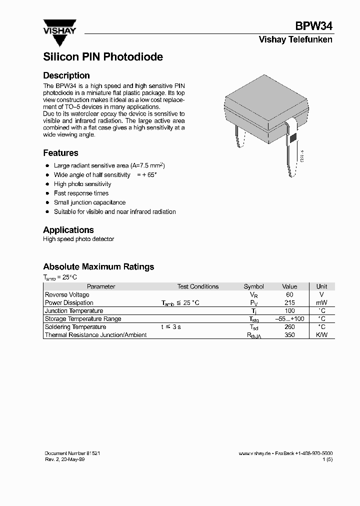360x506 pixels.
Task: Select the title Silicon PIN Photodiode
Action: click(103, 57)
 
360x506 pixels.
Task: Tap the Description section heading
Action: click(66, 75)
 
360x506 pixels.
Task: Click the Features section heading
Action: click(60, 153)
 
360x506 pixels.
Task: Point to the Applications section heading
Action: click(68, 230)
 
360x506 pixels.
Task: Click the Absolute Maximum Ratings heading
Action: click(98, 267)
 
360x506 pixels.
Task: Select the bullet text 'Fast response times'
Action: click(81, 193)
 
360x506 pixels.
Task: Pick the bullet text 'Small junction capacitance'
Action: click(89, 202)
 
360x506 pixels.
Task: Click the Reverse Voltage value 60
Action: click(289, 295)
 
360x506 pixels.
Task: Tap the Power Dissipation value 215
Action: click(289, 303)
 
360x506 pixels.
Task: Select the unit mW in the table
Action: click(321, 303)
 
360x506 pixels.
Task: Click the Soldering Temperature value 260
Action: click(289, 327)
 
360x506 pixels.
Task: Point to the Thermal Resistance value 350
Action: click(289, 335)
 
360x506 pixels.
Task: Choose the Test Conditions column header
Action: click(197, 287)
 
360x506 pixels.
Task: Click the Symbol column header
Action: click(253, 287)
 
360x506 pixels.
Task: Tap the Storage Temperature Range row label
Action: click(83, 319)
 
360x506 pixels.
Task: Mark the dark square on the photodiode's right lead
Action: click(293, 137)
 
